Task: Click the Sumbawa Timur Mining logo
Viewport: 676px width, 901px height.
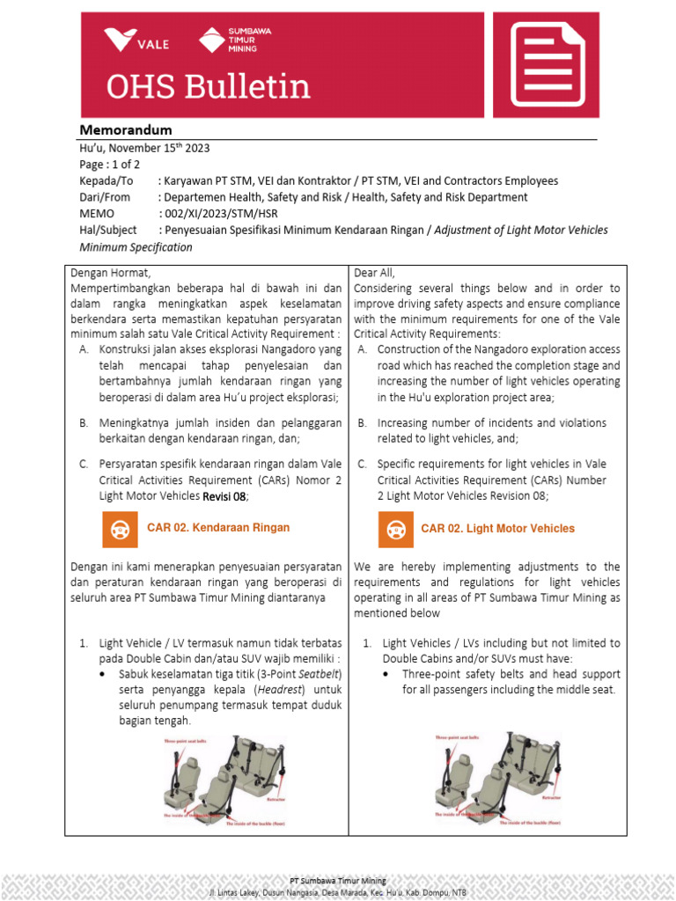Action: (234, 40)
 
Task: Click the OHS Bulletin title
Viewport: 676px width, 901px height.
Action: (208, 87)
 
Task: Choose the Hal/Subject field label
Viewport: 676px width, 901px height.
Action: (108, 231)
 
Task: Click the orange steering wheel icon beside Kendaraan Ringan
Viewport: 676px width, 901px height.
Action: (115, 528)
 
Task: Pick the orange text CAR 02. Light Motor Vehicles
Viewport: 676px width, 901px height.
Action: (497, 529)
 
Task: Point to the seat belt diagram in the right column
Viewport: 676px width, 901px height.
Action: (493, 781)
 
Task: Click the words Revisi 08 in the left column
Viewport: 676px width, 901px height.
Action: (224, 496)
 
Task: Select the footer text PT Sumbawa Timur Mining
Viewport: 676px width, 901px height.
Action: (338, 881)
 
